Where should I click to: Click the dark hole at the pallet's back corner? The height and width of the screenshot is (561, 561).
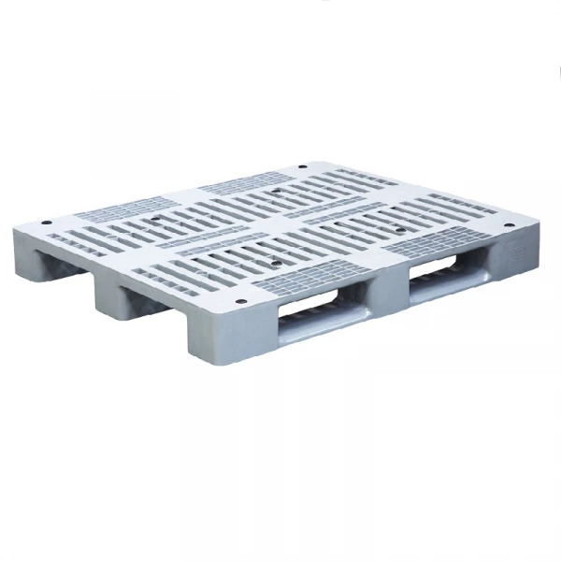[301, 169]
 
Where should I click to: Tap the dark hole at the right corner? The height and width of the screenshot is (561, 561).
[508, 225]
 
